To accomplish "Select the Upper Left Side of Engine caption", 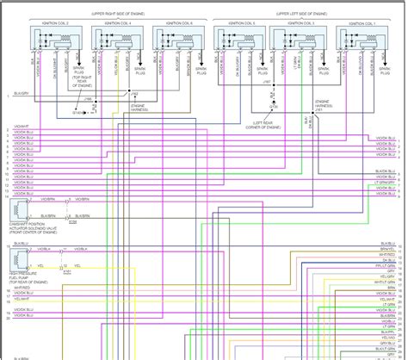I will click(296, 14).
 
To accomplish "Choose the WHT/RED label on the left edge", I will click(19, 287).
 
